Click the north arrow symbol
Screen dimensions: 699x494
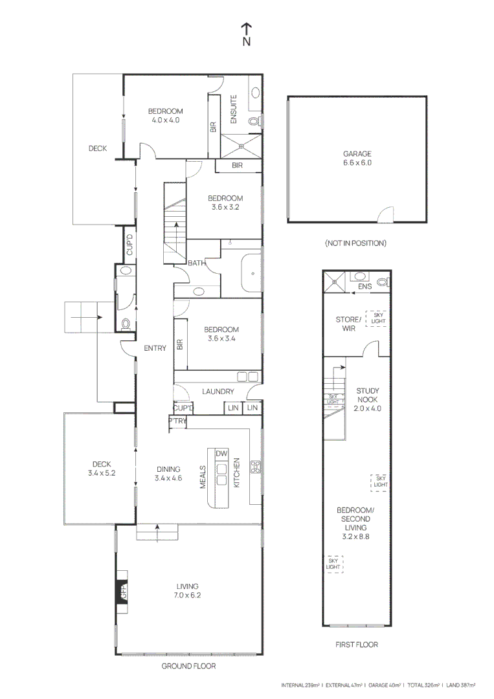[247, 34]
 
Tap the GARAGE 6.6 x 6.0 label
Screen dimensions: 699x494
[357, 159]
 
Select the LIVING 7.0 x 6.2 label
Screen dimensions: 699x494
[186, 591]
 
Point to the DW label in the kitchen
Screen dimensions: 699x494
[221, 453]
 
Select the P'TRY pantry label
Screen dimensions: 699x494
[177, 421]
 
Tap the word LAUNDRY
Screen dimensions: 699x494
[218, 392]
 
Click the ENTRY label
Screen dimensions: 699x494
[155, 348]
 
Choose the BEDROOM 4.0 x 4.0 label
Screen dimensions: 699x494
[165, 115]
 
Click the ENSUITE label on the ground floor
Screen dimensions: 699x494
[234, 110]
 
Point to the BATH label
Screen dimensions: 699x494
[197, 263]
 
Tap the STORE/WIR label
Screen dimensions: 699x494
[347, 324]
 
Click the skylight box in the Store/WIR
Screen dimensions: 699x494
[376, 318]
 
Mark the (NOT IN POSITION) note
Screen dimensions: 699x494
[355, 243]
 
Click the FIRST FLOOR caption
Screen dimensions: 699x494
[357, 645]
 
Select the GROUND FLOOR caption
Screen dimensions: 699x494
[188, 666]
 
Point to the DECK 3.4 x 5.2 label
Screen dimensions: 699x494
[101, 468]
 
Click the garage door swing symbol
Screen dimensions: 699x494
[385, 214]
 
